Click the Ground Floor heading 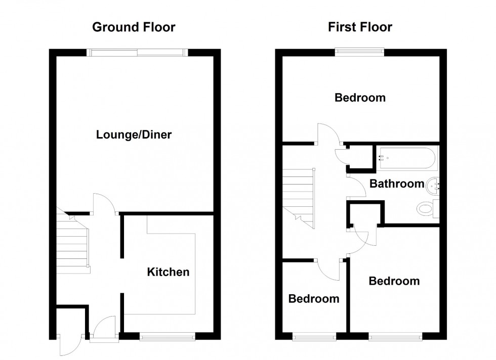(134, 27)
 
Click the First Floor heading (360, 27)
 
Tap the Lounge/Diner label (134, 135)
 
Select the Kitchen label (168, 273)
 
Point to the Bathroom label (397, 184)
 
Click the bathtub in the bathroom (406, 158)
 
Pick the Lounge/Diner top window (137, 52)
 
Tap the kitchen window (168, 336)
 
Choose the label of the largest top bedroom (360, 98)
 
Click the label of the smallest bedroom (314, 299)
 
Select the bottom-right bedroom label (394, 281)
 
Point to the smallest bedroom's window (314, 336)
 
